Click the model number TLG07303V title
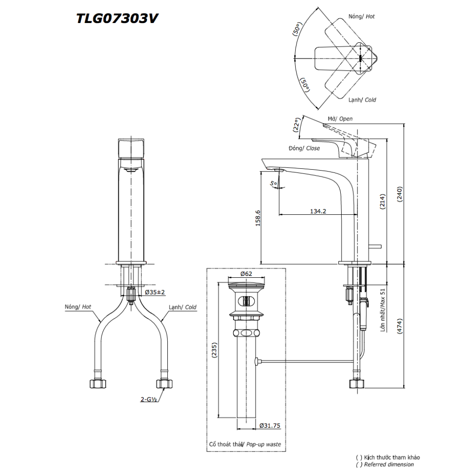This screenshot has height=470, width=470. (117, 18)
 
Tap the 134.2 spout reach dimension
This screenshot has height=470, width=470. (318, 211)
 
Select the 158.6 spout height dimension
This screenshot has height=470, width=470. (257, 218)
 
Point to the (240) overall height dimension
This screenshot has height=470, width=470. (400, 193)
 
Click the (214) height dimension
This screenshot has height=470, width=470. (382, 203)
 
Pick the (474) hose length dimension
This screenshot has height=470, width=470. (400, 326)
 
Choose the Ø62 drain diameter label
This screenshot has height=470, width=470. (247, 273)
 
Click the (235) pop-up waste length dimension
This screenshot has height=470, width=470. (214, 350)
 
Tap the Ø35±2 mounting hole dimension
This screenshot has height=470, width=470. (155, 292)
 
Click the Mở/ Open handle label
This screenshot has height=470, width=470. (340, 119)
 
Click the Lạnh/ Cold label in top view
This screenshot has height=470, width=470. (362, 100)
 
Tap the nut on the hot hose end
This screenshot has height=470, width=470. (98, 383)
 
